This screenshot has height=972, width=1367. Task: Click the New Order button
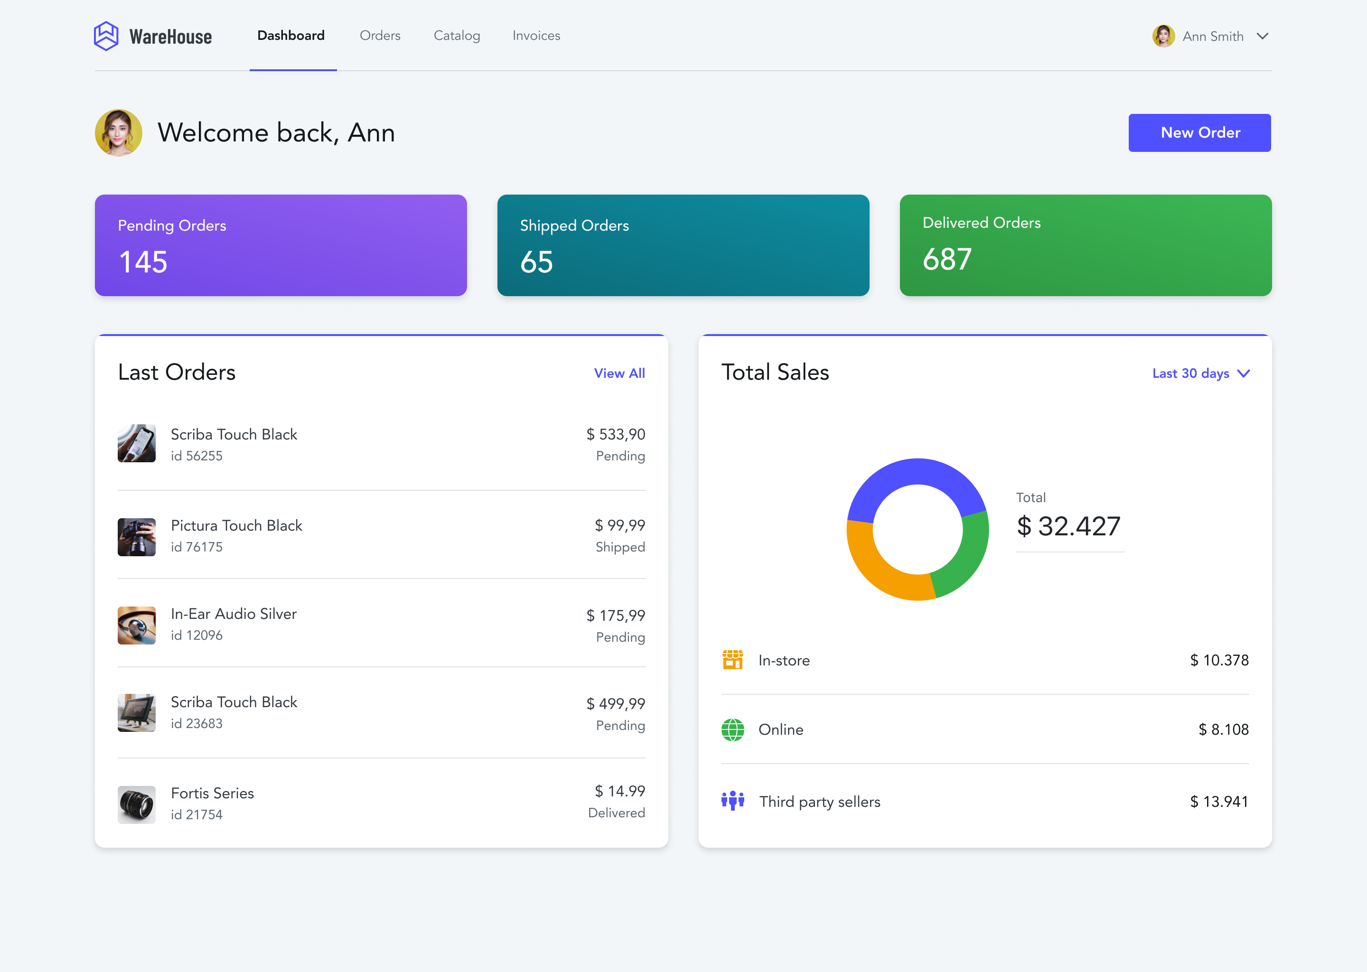[1199, 133]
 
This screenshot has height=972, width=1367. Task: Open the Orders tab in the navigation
[380, 36]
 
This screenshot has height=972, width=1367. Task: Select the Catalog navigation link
[457, 36]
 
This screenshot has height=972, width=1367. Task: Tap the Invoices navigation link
[536, 36]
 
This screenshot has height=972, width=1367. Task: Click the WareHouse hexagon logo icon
[106, 36]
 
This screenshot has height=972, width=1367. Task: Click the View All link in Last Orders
[619, 374]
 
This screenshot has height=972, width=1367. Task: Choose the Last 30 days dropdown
[1200, 374]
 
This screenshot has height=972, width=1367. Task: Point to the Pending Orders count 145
[143, 262]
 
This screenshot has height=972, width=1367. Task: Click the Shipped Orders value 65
[536, 262]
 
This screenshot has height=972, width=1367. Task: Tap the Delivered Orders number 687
[947, 259]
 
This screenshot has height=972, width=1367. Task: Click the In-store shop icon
[732, 660]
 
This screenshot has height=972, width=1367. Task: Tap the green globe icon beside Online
[732, 729]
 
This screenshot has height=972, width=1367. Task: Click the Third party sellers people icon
[732, 800]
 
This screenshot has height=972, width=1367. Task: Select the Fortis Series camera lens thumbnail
[136, 804]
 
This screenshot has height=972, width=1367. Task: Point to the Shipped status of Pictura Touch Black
[620, 547]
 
